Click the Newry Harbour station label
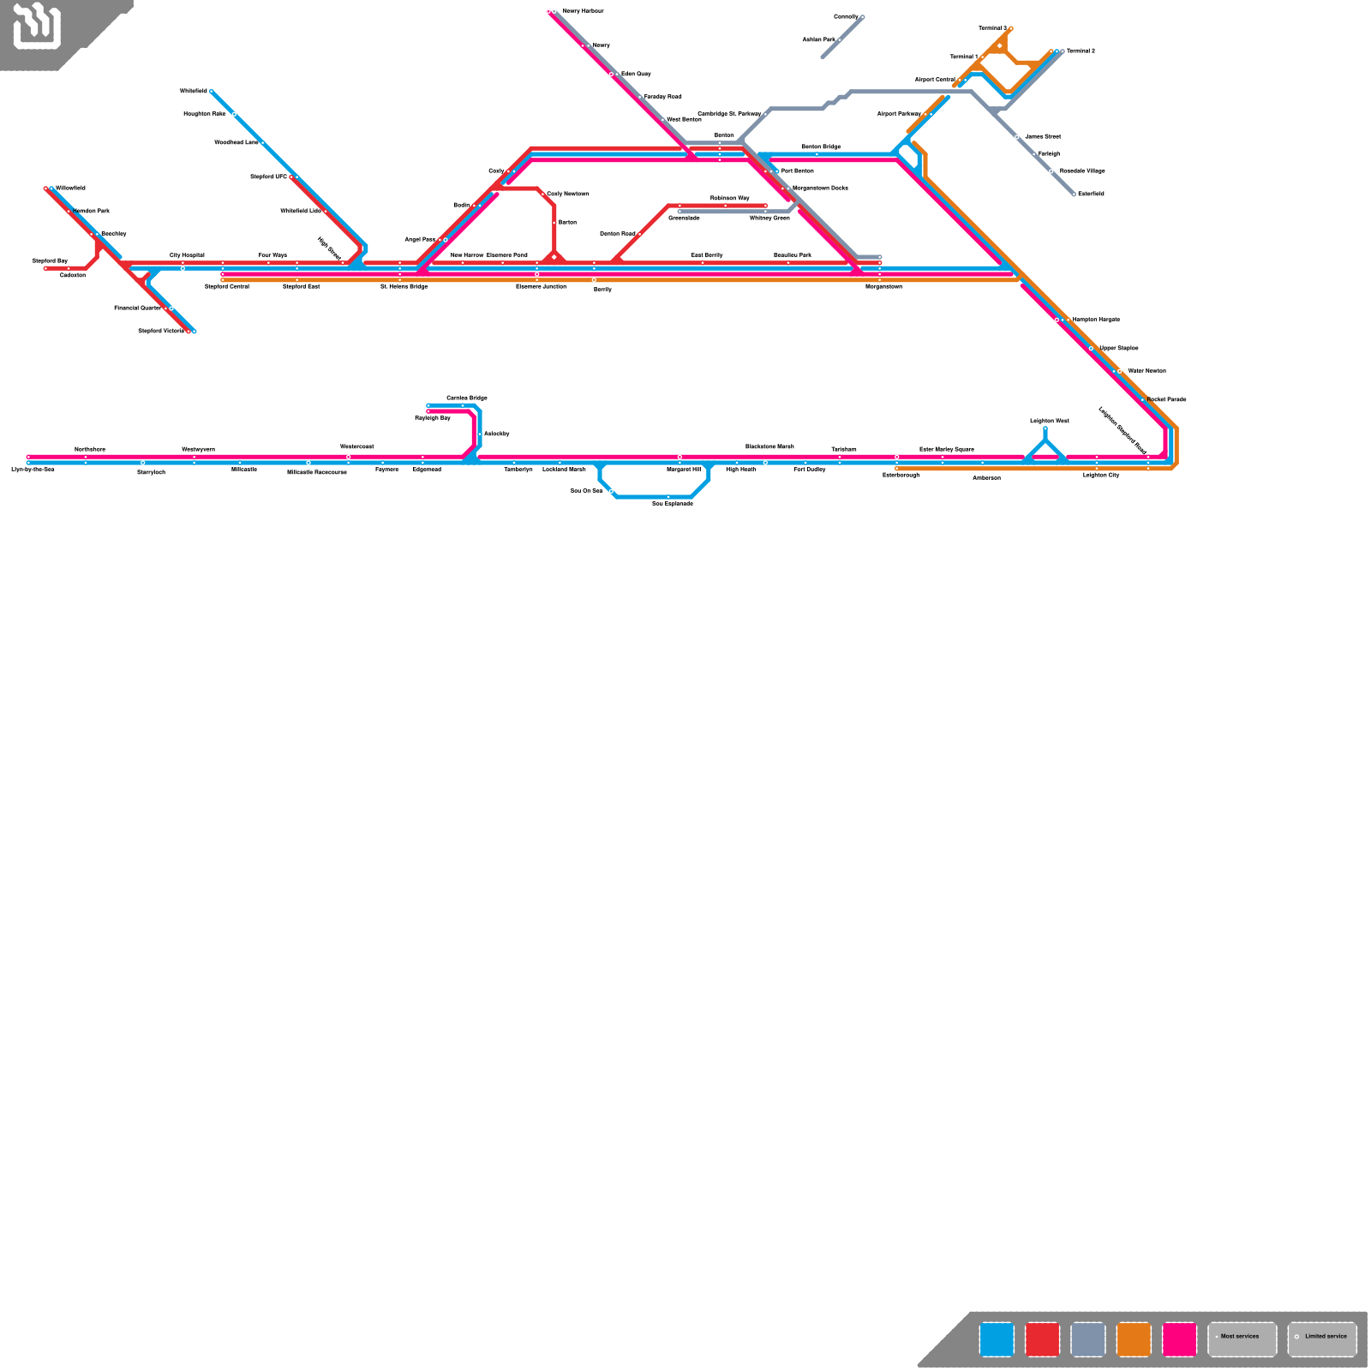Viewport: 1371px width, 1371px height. pyautogui.click(x=583, y=11)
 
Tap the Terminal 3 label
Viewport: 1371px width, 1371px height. pyautogui.click(x=993, y=28)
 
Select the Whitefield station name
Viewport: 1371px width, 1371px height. pyautogui.click(x=194, y=91)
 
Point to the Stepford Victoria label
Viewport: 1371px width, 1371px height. pyautogui.click(x=161, y=331)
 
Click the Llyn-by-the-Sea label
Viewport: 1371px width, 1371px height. pyautogui.click(x=33, y=470)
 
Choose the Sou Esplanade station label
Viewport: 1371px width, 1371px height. pyautogui.click(x=673, y=504)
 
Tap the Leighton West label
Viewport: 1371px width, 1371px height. pyautogui.click(x=1050, y=421)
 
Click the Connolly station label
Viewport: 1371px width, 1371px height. pyautogui.click(x=846, y=17)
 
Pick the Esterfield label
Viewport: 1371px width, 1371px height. pyautogui.click(x=1091, y=194)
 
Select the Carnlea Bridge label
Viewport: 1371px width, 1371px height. pyautogui.click(x=467, y=398)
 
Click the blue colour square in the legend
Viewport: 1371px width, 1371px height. pyautogui.click(x=997, y=1340)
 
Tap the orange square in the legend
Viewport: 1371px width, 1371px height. pyautogui.click(x=1134, y=1340)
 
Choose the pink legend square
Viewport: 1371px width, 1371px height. pyautogui.click(x=1179, y=1340)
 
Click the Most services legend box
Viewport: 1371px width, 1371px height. pyautogui.click(x=1242, y=1340)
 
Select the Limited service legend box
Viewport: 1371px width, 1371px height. pyautogui.click(x=1322, y=1340)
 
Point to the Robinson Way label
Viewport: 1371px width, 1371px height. pyautogui.click(x=730, y=198)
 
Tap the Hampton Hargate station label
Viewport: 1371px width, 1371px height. pyautogui.click(x=1096, y=320)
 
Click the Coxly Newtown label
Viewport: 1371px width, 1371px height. pyautogui.click(x=568, y=194)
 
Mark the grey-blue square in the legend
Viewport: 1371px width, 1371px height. pyautogui.click(x=1088, y=1340)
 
